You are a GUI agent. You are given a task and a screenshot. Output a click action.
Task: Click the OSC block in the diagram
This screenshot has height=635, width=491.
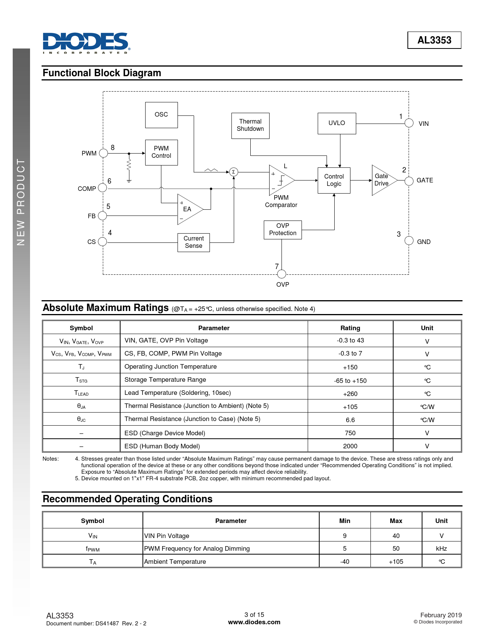161,115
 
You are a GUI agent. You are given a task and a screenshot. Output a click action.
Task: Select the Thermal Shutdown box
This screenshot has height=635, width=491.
250,125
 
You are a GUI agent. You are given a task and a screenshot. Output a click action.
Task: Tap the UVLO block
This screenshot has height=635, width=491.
337,123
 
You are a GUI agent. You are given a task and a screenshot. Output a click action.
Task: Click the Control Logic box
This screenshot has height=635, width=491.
334,180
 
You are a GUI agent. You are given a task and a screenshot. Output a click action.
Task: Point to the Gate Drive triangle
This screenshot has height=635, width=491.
382,180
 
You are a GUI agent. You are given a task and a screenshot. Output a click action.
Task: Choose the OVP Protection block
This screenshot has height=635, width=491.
283,230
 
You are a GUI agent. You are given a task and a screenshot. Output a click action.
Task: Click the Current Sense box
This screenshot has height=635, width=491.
194,242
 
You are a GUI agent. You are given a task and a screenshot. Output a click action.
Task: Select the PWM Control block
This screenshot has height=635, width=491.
161,152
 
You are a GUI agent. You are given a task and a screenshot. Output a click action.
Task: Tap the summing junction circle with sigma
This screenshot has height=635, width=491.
233,172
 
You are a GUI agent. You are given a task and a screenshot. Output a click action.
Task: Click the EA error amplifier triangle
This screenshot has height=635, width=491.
188,209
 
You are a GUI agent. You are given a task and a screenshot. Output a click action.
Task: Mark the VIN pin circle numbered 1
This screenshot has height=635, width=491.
409,123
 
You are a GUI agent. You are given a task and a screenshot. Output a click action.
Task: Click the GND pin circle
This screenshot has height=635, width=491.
409,241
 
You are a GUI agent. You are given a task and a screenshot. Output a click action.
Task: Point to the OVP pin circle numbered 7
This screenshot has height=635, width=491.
282,274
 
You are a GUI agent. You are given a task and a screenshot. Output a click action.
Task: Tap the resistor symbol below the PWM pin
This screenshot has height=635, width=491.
129,165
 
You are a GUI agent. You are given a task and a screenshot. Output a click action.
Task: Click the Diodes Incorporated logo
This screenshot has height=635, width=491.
86,43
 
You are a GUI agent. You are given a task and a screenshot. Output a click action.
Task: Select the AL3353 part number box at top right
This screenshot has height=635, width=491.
434,40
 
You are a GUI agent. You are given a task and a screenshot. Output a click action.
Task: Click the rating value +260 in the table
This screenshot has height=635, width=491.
350,394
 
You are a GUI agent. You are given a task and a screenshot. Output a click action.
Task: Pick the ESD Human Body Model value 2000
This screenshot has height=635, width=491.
350,446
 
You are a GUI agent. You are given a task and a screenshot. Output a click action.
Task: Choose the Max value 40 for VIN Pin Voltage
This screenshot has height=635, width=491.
396,536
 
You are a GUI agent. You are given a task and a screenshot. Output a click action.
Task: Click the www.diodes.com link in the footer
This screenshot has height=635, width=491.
254,622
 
